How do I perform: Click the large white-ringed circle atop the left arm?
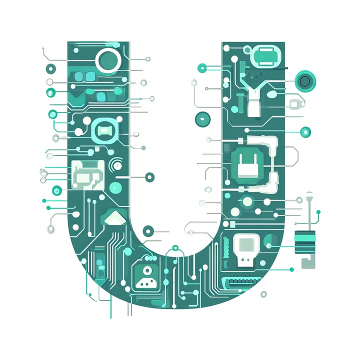(x=108, y=60)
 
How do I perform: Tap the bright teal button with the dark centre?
(x=305, y=81)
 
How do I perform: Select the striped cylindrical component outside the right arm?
(x=305, y=242)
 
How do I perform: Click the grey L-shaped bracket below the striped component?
(x=308, y=262)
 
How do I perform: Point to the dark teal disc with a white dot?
(x=202, y=119)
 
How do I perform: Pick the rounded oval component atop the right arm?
(x=266, y=56)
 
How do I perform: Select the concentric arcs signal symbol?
(x=115, y=164)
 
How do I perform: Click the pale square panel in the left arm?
(x=88, y=175)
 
